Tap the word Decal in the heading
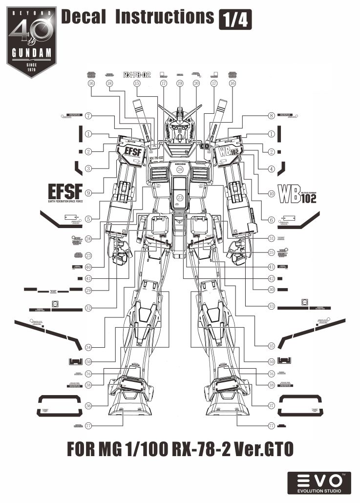tap(84, 17)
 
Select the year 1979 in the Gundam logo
tap(31, 69)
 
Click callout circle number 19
tap(180, 84)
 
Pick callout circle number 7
tap(88, 116)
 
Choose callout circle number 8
tap(271, 116)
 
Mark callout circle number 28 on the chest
tap(180, 169)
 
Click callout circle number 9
tap(88, 193)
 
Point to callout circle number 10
tap(271, 193)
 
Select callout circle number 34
tap(88, 347)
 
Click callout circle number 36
tap(88, 406)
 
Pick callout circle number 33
tap(271, 306)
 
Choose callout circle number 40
tap(88, 267)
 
